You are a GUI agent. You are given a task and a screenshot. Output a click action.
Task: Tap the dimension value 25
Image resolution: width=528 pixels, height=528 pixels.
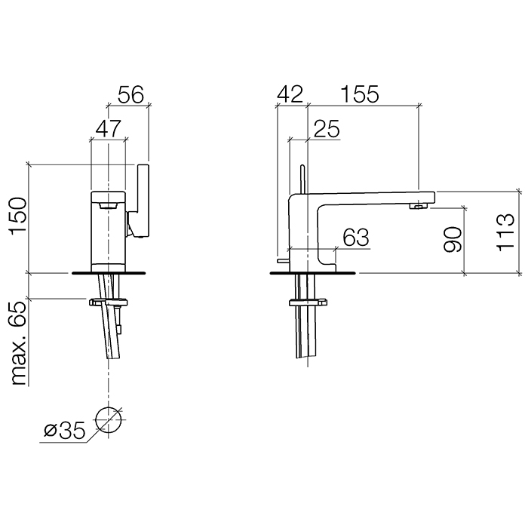[x=325, y=129]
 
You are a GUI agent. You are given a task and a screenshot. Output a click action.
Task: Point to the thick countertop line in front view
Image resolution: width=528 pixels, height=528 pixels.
[x=109, y=272]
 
